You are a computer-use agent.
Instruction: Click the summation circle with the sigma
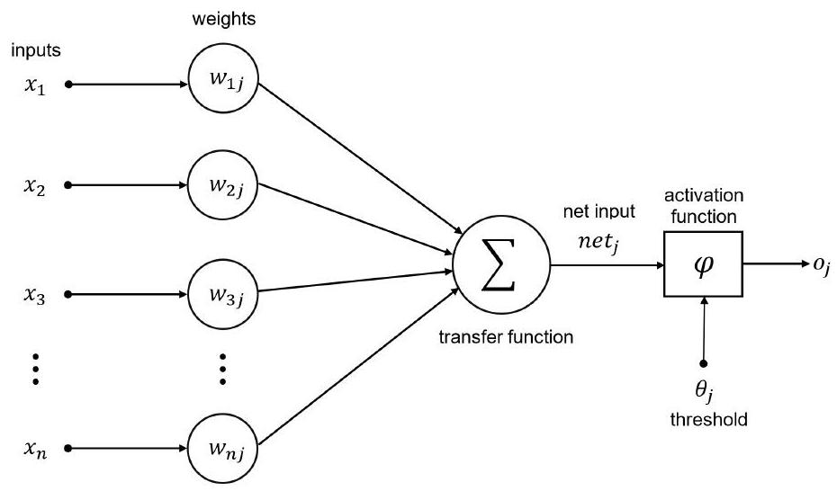(x=500, y=266)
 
